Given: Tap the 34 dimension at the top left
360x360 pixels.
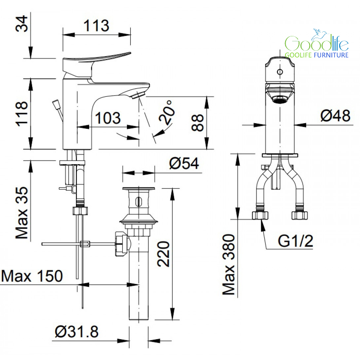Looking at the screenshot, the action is [x=21, y=24].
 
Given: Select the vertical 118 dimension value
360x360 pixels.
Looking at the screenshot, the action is [x=21, y=114].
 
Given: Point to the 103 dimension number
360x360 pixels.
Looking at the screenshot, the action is [x=108, y=118].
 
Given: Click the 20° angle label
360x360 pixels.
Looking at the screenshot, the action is [x=167, y=113].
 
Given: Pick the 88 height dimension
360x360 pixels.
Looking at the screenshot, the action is [x=198, y=123].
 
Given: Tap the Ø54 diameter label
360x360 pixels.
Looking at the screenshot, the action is [x=184, y=163].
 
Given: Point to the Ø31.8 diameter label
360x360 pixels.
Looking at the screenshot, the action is [x=77, y=332].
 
